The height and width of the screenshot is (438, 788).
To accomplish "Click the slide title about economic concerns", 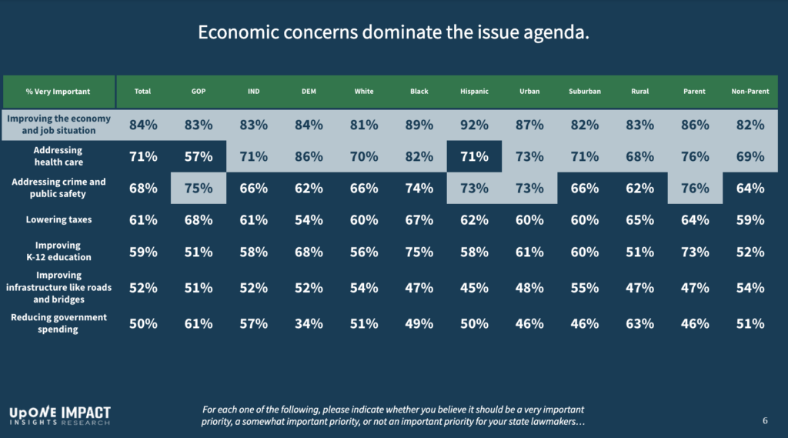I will pos(394,33).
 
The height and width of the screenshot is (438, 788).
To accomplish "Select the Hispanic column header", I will pos(474,92).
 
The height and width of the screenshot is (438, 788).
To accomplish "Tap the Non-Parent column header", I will pos(750,92).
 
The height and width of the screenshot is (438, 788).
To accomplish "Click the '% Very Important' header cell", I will pos(58,92).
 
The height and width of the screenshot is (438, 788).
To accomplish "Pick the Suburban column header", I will pos(584,92).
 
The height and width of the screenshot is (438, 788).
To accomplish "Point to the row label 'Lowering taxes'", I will pos(58,220).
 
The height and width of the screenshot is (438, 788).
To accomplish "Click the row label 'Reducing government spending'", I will pos(58,323).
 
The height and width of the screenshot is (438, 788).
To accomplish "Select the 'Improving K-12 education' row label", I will pos(58,251).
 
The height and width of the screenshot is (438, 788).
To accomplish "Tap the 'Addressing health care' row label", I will pos(58,156).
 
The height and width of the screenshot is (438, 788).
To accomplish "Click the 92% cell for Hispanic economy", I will pos(474,125).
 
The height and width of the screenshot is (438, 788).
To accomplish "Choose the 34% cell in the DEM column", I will pos(308,323).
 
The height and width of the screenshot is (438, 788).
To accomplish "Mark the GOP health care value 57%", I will pos(198,157).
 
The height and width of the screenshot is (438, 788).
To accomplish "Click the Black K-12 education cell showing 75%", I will pos(419,252).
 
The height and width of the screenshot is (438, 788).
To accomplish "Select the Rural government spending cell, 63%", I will pos(639,323).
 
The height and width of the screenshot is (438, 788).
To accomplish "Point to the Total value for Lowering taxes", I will pos(142,220).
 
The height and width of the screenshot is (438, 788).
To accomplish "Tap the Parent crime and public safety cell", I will pos(695,189).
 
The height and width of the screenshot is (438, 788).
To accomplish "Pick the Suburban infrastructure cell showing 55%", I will pos(584,288).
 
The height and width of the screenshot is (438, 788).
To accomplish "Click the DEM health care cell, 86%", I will pos(308,157).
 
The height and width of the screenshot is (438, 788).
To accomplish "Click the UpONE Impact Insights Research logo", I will pos(59,416).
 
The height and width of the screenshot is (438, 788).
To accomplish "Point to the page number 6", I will pos(765,421).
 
